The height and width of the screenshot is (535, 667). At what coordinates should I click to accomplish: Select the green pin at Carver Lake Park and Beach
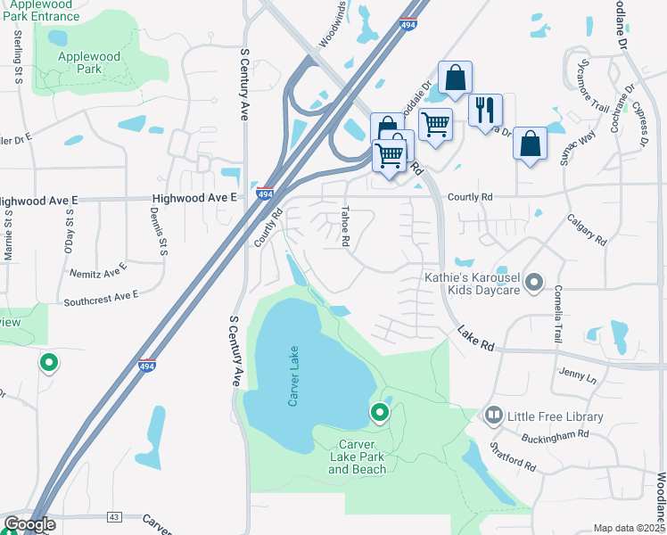(x=380, y=412)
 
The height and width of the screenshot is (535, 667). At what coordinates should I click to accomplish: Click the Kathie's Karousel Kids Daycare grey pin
(x=534, y=284)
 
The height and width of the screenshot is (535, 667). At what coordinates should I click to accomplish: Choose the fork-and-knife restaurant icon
(x=485, y=109)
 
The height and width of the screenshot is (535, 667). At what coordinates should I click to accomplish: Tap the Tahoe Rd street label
(x=344, y=227)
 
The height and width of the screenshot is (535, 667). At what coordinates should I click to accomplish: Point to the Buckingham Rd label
(x=556, y=435)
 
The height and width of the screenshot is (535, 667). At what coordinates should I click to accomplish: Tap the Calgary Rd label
(x=587, y=228)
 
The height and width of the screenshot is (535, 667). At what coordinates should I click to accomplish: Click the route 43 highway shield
(x=113, y=516)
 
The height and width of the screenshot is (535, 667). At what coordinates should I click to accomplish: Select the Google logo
(x=29, y=524)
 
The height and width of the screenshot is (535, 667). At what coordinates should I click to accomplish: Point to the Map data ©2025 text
(x=629, y=528)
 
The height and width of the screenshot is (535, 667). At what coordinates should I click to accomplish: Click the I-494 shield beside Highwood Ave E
(x=265, y=193)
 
